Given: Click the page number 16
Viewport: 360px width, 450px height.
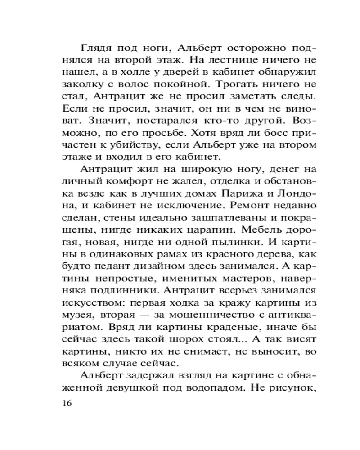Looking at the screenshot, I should point(66,403).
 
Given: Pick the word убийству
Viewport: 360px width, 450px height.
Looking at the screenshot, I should point(148,145).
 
